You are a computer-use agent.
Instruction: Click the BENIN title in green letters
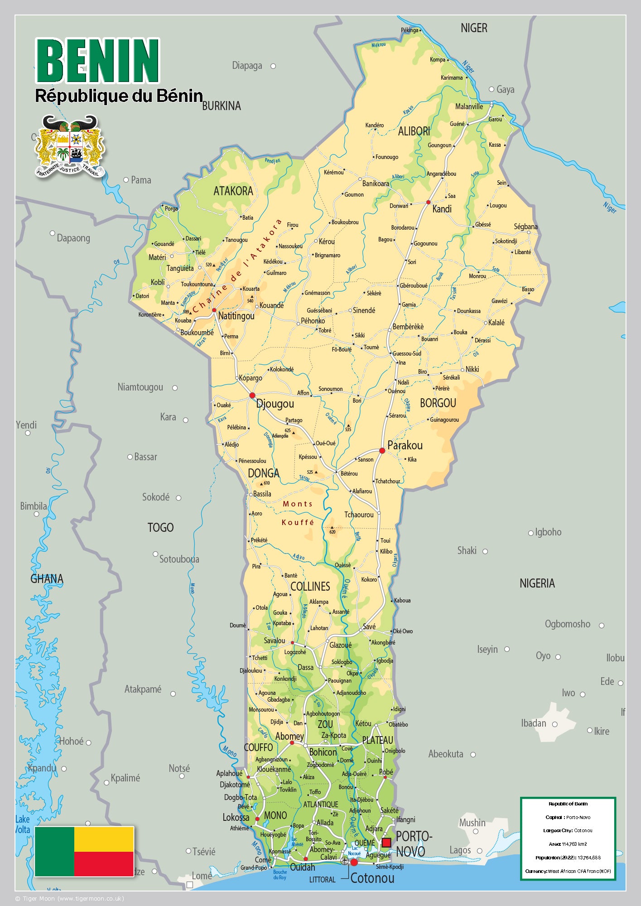[x=97, y=61]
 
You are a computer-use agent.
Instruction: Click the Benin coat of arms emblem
[x=70, y=146]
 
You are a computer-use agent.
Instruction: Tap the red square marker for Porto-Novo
[x=386, y=842]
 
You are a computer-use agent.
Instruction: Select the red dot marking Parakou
[x=382, y=450]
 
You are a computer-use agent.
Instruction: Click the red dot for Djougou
[x=252, y=395]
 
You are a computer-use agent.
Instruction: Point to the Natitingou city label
[x=236, y=316]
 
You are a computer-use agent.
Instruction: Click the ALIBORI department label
[x=414, y=131]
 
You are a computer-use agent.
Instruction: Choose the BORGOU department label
[x=438, y=403]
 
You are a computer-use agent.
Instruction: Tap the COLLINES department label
[x=310, y=586]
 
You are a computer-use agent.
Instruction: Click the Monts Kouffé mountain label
[x=298, y=513]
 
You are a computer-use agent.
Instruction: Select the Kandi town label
[x=442, y=209]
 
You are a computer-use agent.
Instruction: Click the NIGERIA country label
[x=537, y=583]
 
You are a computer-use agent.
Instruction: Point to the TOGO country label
[x=160, y=527]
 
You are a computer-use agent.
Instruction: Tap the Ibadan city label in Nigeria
[x=533, y=723]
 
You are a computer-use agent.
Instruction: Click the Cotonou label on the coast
[x=372, y=878]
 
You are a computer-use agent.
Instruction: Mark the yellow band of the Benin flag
[x=104, y=839]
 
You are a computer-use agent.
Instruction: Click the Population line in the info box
[x=568, y=858]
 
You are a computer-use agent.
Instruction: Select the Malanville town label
[x=469, y=106]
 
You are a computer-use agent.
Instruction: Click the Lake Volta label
[x=22, y=824]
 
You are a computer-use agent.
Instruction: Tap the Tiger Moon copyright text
[x=69, y=898]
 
